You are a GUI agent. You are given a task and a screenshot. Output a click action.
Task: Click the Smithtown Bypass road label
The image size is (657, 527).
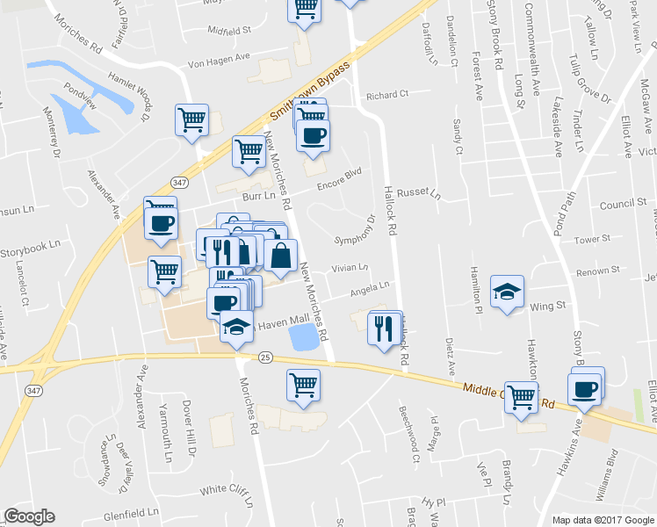[x=310, y=91]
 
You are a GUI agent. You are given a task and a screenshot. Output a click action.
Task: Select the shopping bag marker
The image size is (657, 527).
[x=280, y=256]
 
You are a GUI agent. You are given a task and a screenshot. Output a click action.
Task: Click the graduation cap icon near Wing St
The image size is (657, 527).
[x=507, y=293]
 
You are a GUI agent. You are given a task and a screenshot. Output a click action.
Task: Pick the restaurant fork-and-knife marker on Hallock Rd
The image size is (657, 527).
[x=384, y=328]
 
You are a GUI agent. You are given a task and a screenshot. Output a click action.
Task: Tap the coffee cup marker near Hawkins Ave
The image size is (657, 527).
[x=585, y=387]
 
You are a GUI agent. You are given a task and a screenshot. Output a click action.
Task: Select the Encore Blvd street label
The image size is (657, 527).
[x=340, y=178]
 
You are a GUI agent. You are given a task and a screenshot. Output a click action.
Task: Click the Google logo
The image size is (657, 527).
[x=29, y=516]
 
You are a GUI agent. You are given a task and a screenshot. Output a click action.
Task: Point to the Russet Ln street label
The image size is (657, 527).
[x=418, y=192]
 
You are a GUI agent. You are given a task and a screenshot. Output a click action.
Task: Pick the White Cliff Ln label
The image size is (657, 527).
[x=226, y=489]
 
